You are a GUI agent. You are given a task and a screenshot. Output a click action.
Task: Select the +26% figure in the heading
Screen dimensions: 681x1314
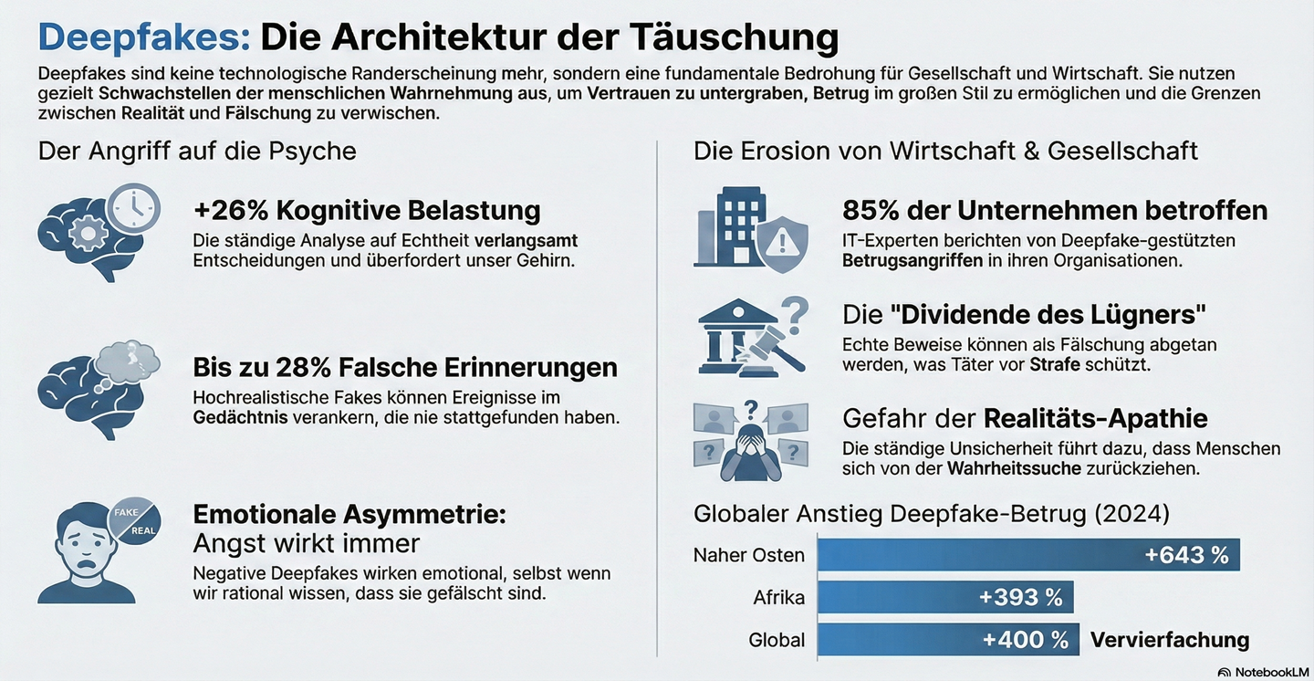tap(230, 210)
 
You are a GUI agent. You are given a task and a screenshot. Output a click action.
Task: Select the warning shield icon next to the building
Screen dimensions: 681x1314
tap(781, 242)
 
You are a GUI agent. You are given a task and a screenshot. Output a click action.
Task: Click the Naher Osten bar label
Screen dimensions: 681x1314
tap(749, 555)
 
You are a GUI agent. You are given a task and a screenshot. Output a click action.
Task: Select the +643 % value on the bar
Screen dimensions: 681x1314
tap(1186, 555)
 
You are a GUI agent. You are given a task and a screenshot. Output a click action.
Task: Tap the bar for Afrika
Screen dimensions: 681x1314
tap(944, 597)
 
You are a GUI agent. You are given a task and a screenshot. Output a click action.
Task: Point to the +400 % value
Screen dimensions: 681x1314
tap(1025, 640)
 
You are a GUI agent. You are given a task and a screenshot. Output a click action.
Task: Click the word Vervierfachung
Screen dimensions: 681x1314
tap(1170, 640)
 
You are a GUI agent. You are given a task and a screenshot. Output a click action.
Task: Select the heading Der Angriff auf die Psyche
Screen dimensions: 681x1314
tap(197, 151)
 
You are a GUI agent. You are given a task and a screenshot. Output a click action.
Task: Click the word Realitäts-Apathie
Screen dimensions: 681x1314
tap(1095, 418)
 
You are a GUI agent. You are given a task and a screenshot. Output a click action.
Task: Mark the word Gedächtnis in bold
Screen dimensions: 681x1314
tap(240, 418)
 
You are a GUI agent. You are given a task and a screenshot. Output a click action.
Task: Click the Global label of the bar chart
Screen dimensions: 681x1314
tap(777, 640)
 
